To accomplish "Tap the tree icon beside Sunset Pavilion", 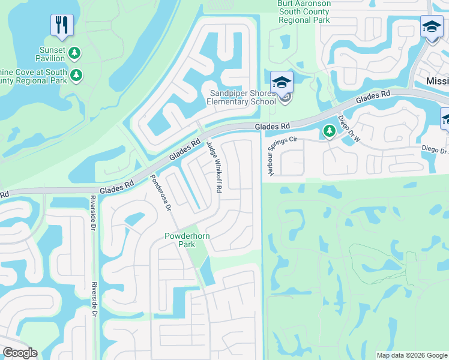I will point(74,53).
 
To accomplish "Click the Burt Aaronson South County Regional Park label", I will point(303,11).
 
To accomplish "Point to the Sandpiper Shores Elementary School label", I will point(240,97).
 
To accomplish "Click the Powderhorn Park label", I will point(187,241).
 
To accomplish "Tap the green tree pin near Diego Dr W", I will point(328,130).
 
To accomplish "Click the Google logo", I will point(20,353).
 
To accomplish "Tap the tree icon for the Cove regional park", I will point(76,76).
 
